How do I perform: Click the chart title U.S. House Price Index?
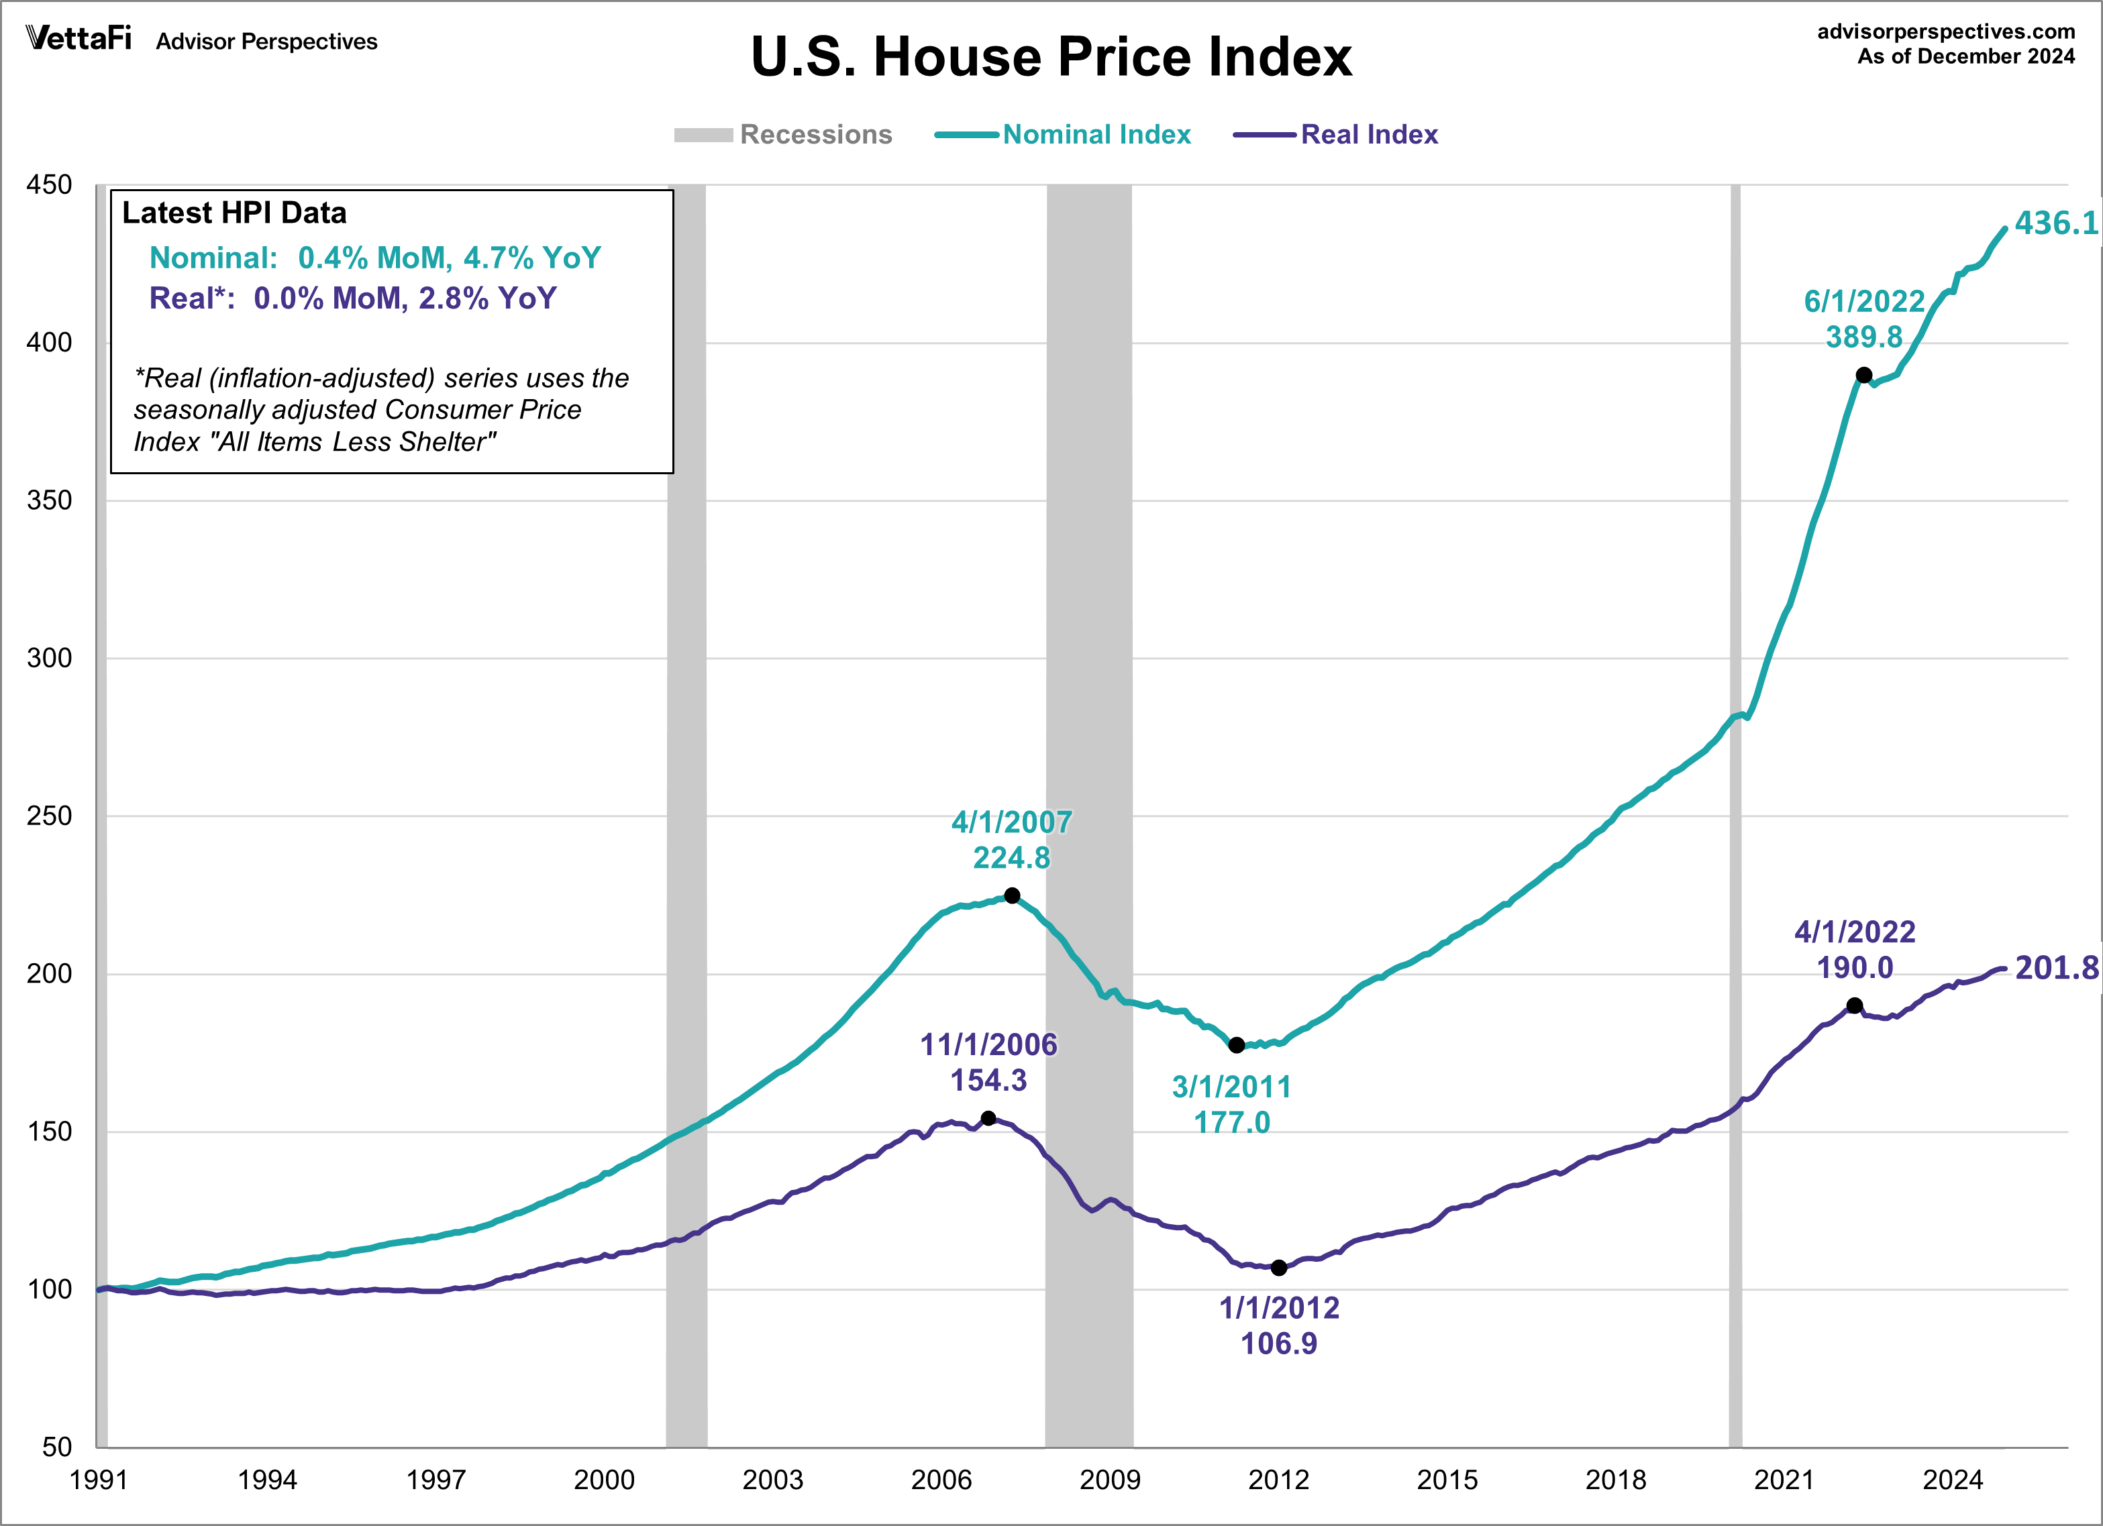[x=1051, y=58]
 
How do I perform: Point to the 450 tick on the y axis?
[x=49, y=184]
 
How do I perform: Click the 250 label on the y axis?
[x=49, y=816]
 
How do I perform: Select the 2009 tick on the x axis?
[x=1109, y=1480]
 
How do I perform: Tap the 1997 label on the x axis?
[x=435, y=1480]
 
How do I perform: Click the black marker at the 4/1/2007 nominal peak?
[x=1012, y=895]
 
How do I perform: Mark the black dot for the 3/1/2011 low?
[x=1236, y=1045]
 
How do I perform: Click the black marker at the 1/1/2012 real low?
[x=1279, y=1267]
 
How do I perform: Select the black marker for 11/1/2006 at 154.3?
[x=988, y=1118]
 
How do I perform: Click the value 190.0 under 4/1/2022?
[x=1855, y=968]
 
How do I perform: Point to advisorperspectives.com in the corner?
[x=1945, y=32]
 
